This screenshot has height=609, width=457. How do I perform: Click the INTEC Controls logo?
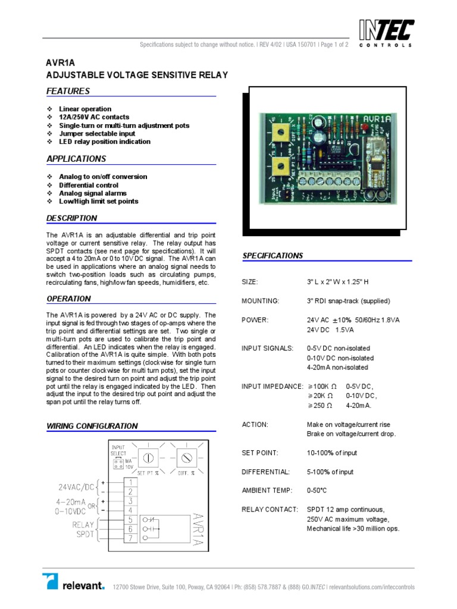click(386, 33)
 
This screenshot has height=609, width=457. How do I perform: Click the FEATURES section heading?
click(68, 91)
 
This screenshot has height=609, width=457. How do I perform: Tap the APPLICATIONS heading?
click(76, 159)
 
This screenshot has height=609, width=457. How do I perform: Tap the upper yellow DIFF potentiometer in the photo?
click(277, 133)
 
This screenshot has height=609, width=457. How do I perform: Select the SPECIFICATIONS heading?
click(273, 256)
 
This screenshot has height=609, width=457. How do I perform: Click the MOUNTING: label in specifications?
click(260, 301)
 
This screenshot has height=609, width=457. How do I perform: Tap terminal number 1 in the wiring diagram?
click(129, 482)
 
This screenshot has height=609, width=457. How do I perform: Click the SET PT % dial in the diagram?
click(149, 459)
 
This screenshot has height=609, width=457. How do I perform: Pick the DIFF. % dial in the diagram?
click(187, 459)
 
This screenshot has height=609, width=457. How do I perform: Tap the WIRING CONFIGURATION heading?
click(92, 426)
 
